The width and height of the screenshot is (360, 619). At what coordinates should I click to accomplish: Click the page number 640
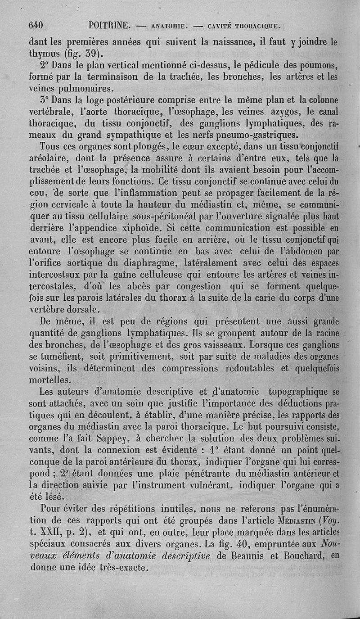pos(36,26)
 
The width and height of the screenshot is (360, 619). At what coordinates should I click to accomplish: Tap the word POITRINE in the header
pos(109,26)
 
